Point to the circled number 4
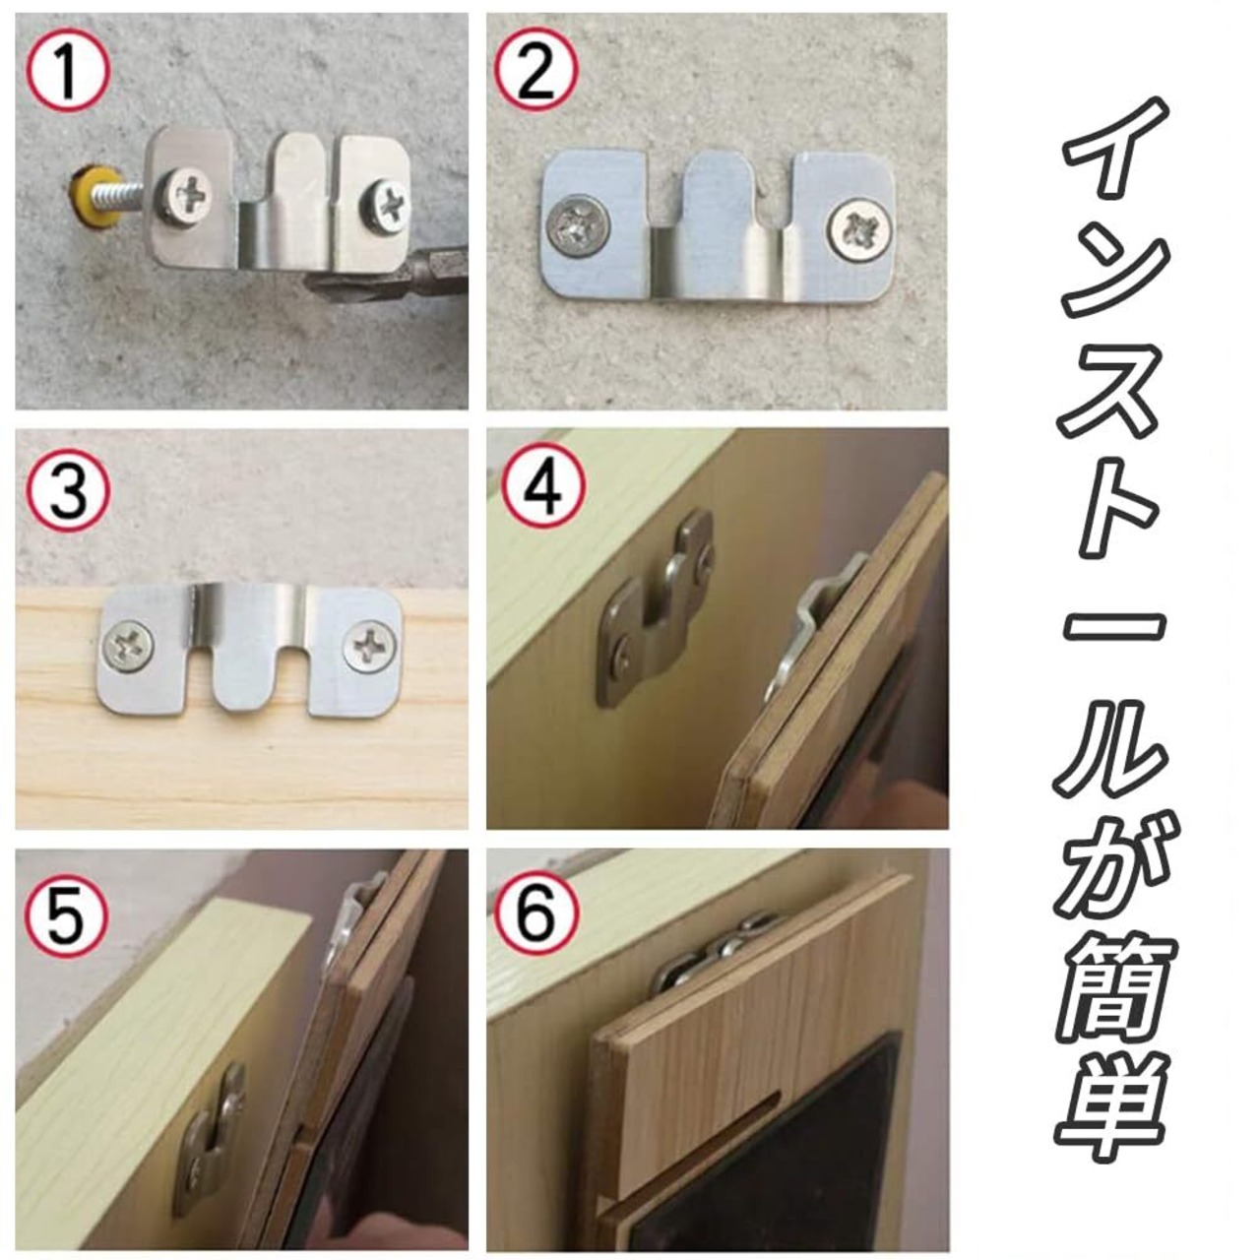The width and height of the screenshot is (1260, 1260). (542, 488)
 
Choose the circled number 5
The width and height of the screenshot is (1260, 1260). (67, 915)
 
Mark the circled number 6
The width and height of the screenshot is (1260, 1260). (535, 913)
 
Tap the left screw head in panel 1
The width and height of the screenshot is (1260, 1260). (186, 196)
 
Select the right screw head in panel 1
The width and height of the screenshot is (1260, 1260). (386, 206)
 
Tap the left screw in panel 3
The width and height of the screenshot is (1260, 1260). (129, 648)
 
